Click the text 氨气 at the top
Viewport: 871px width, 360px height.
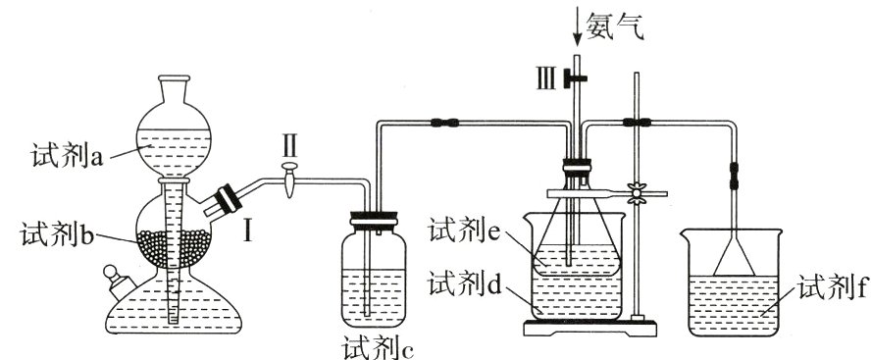(x=614, y=23)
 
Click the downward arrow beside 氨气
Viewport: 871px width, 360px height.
(x=577, y=26)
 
